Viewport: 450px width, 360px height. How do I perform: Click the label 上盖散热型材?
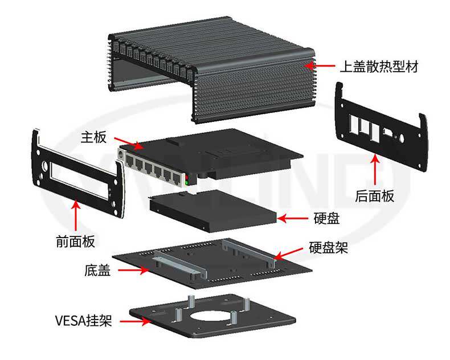(379, 67)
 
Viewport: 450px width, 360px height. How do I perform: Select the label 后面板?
(374, 197)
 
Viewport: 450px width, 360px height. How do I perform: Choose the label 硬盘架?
(328, 248)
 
